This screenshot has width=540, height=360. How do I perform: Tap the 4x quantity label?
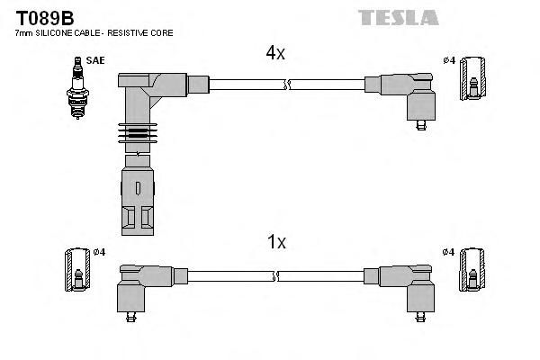coord(275,53)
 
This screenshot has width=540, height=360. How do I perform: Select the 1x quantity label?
coord(277,241)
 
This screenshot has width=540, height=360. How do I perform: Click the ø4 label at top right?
coord(448,59)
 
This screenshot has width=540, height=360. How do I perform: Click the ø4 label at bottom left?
coord(99,251)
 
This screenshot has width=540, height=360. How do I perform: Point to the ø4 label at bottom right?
coord(448,251)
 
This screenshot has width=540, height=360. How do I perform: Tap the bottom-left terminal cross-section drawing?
coord(77,270)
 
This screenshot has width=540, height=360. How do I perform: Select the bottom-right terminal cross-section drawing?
coord(473,271)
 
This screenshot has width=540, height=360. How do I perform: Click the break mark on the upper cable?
coord(287,85)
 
